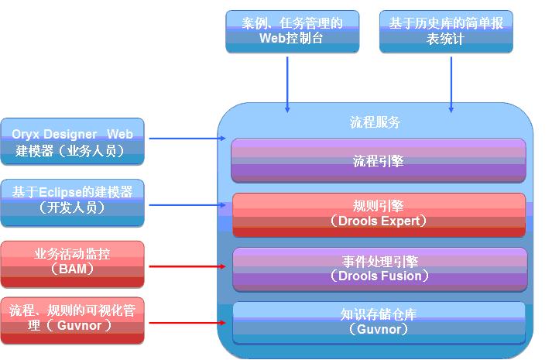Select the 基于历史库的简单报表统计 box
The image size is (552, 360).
(446, 31)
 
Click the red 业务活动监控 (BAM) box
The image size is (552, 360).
(73, 261)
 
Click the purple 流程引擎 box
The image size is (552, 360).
(378, 161)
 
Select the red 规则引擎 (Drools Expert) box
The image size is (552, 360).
(378, 214)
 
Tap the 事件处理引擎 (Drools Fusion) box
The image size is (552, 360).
(378, 269)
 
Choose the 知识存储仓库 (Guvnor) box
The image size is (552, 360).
(378, 322)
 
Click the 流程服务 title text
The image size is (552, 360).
(375, 123)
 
